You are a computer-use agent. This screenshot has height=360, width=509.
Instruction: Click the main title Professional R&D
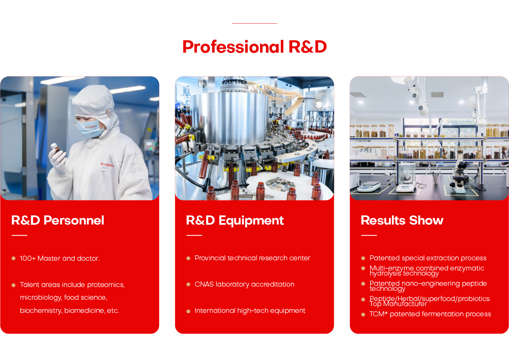(255, 47)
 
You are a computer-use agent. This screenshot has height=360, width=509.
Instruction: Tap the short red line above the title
(255, 23)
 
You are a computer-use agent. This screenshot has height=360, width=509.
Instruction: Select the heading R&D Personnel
(58, 220)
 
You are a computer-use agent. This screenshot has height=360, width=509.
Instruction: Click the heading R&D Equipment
(235, 220)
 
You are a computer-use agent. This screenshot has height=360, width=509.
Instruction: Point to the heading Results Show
(402, 220)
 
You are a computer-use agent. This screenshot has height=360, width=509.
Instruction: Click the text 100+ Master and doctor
(60, 258)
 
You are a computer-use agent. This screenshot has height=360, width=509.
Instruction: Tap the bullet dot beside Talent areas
(14, 285)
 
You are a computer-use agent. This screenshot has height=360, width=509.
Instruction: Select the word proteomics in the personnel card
(106, 285)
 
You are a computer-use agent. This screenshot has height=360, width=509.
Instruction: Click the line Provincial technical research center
(252, 258)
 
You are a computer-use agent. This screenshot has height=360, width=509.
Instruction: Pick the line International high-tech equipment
(250, 311)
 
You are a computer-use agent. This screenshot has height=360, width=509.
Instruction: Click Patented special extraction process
(428, 258)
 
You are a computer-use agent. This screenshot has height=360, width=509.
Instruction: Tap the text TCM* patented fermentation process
(430, 314)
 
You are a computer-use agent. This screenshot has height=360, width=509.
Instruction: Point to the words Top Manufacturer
(398, 304)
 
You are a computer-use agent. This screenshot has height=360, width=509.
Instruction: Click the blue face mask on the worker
(90, 128)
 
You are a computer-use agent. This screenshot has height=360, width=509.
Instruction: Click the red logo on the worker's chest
(107, 165)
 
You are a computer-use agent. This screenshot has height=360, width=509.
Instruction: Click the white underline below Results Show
(369, 235)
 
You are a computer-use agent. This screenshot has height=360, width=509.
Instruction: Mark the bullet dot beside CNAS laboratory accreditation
(188, 285)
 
